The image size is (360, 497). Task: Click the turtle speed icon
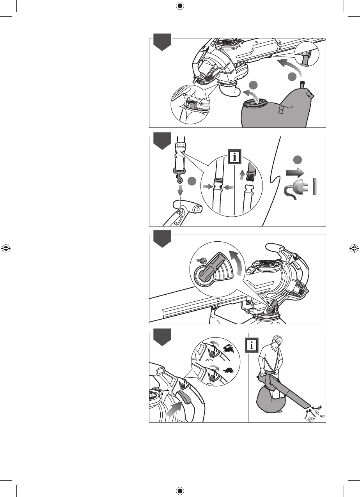229,370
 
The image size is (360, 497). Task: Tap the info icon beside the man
252,345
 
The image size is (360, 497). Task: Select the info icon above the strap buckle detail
235,157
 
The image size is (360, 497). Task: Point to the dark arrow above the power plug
295,173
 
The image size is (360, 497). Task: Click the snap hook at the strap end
179,175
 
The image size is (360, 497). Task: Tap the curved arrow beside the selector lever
236,263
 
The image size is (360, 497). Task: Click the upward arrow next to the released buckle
242,175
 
